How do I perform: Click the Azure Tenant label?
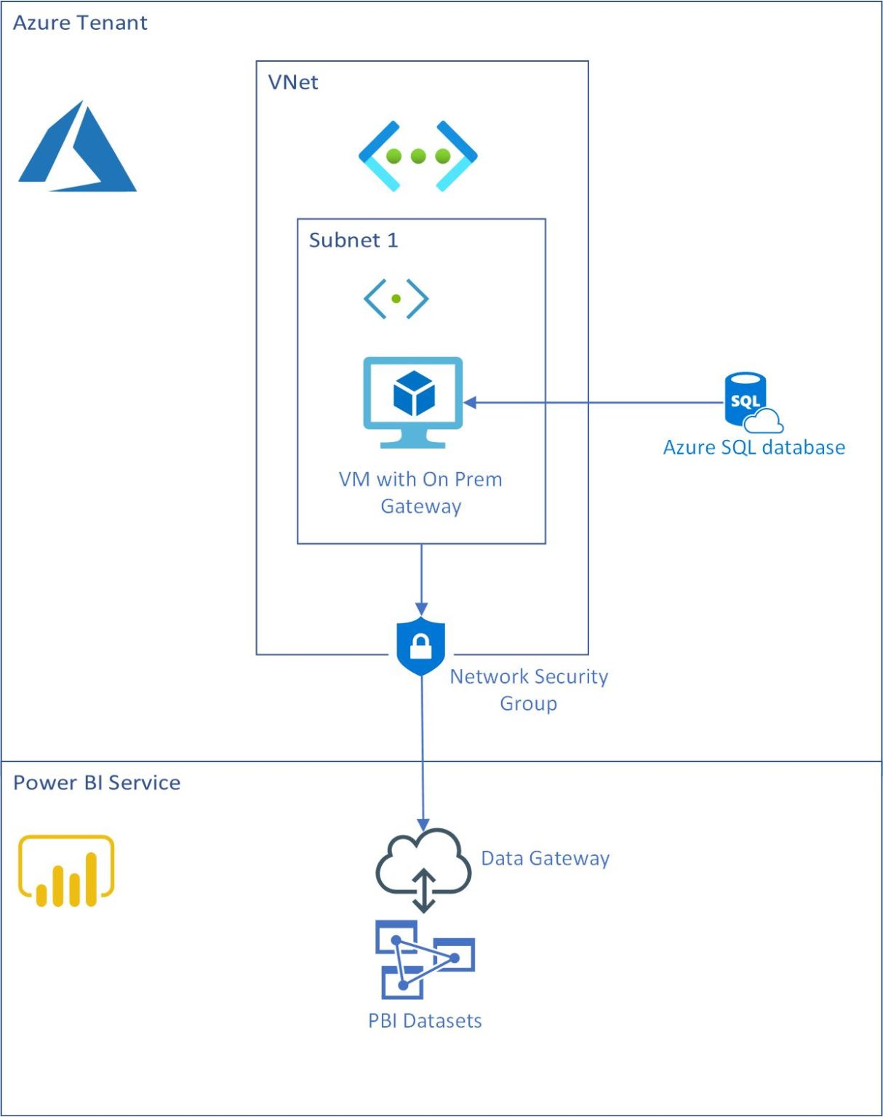[x=80, y=23]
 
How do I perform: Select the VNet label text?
[x=292, y=82]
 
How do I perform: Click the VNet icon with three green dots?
[x=417, y=156]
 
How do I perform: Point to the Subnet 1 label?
[x=353, y=240]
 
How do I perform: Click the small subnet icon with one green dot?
[x=396, y=298]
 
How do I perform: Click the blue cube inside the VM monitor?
[x=414, y=393]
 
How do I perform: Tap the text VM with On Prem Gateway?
[x=420, y=492]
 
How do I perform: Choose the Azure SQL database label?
[x=754, y=447]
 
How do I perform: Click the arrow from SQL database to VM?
[x=593, y=402]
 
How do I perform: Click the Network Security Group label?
[x=529, y=689]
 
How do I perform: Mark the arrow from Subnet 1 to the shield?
[x=421, y=578]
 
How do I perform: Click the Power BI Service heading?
[x=97, y=782]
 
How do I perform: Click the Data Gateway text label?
[x=545, y=859]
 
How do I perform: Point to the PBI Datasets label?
[x=425, y=1021]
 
